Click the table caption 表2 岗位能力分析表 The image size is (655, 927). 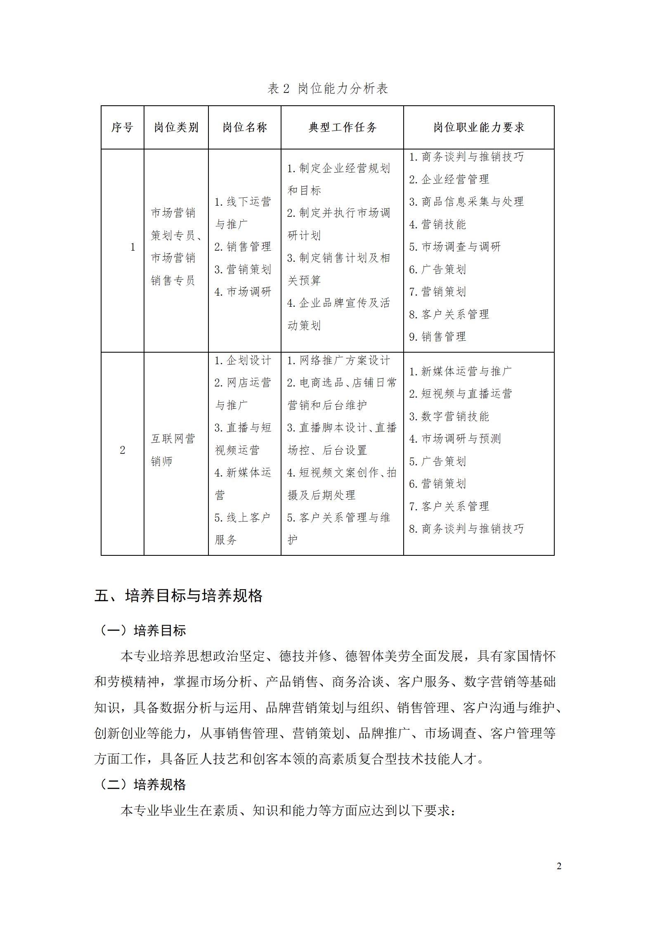pyautogui.click(x=328, y=88)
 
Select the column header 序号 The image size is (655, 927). pyautogui.click(x=122, y=127)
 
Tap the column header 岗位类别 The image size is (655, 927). pyautogui.click(x=176, y=127)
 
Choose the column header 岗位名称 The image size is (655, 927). pyautogui.click(x=244, y=127)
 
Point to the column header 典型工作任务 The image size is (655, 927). pyautogui.click(x=342, y=127)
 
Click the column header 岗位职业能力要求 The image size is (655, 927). pyautogui.click(x=478, y=127)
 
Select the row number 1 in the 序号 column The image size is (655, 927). pyautogui.click(x=132, y=247)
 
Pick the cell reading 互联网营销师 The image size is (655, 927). pyautogui.click(x=173, y=450)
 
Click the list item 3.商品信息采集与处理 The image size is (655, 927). pyautogui.click(x=466, y=202)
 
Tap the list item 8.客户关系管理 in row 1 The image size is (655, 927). pyautogui.click(x=449, y=314)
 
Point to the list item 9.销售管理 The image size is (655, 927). pyautogui.click(x=437, y=337)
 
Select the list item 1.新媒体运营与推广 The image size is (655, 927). pyautogui.click(x=460, y=371)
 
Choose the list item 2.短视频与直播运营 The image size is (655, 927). pyautogui.click(x=460, y=394)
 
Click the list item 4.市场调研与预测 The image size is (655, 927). pyautogui.click(x=455, y=439)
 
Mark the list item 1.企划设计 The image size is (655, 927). pyautogui.click(x=243, y=360)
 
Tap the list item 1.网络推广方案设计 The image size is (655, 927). pyautogui.click(x=338, y=360)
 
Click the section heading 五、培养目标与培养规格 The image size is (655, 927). pyautogui.click(x=178, y=596)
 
